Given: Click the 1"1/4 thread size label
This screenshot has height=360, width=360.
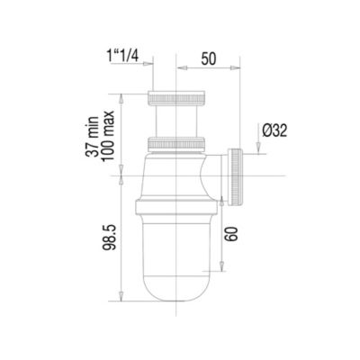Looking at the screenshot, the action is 122,56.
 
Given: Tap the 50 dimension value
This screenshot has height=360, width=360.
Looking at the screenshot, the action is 209,58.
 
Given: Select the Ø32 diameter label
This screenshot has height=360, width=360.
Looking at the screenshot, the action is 274,130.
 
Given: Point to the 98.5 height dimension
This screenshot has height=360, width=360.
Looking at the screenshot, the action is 109,238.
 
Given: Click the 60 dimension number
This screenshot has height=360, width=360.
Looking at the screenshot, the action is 231,234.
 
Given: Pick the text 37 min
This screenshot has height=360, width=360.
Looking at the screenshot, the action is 92,137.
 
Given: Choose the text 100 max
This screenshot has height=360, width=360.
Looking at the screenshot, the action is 108,136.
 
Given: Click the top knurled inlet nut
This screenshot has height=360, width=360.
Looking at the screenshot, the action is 176,98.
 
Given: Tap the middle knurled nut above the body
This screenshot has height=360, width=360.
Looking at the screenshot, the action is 176,144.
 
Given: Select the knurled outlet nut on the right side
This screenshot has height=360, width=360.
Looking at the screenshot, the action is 235,176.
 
